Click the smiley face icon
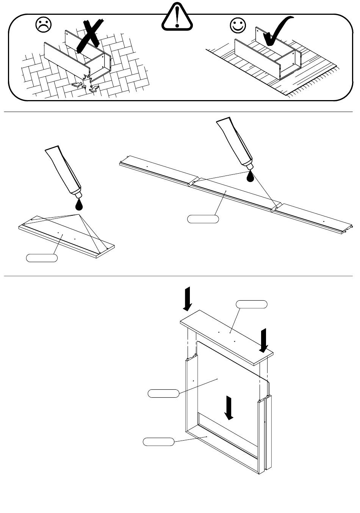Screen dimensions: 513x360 [238, 25]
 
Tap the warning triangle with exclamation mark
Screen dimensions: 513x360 [177, 17]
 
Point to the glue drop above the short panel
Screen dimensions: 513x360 [79, 205]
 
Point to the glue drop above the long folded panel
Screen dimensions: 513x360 [250, 176]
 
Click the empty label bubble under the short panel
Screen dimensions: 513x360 [42, 258]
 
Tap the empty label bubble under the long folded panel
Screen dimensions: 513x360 [203, 219]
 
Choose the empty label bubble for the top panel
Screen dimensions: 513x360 [252, 304]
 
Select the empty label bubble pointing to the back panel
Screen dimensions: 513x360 [163, 393]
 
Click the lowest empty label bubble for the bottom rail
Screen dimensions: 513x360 [158, 441]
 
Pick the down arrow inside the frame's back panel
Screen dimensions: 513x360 [229, 408]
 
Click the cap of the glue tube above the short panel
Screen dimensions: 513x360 [78, 194]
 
